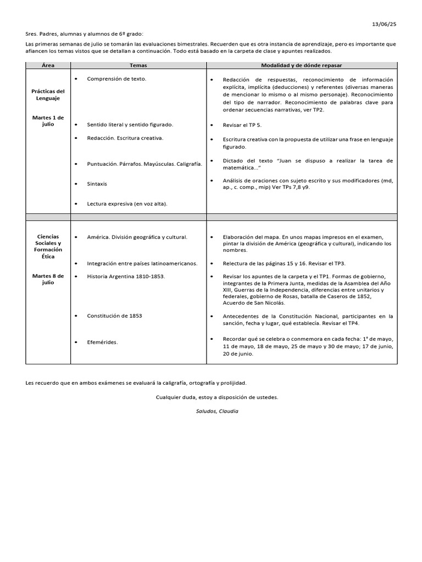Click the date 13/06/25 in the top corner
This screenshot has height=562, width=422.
(385, 24)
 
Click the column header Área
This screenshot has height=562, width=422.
(48, 65)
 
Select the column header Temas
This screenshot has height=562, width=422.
(138, 65)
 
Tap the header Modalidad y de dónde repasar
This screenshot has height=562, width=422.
(301, 65)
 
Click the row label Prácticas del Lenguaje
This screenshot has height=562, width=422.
(48, 94)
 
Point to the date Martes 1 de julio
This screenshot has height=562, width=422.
(48, 121)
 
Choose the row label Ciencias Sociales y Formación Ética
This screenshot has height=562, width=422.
(48, 246)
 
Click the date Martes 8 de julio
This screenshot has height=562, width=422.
(48, 279)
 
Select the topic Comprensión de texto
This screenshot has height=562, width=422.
(116, 79)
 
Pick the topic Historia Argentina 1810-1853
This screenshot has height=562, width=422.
(126, 276)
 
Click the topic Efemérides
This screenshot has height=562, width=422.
(102, 342)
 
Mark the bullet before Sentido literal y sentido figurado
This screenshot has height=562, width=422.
(75, 125)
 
